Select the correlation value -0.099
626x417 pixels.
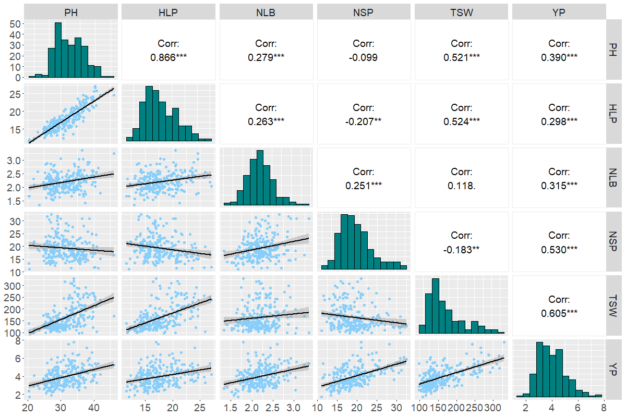(364, 57)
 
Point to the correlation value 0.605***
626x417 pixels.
(559, 313)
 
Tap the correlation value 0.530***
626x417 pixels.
(559, 249)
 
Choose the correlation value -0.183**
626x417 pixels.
(462, 249)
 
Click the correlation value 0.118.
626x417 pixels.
(462, 185)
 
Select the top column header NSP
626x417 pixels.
(364, 12)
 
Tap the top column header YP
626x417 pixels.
(559, 12)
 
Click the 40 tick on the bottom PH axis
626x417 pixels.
(94, 407)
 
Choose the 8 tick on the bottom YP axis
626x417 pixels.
(603, 407)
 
